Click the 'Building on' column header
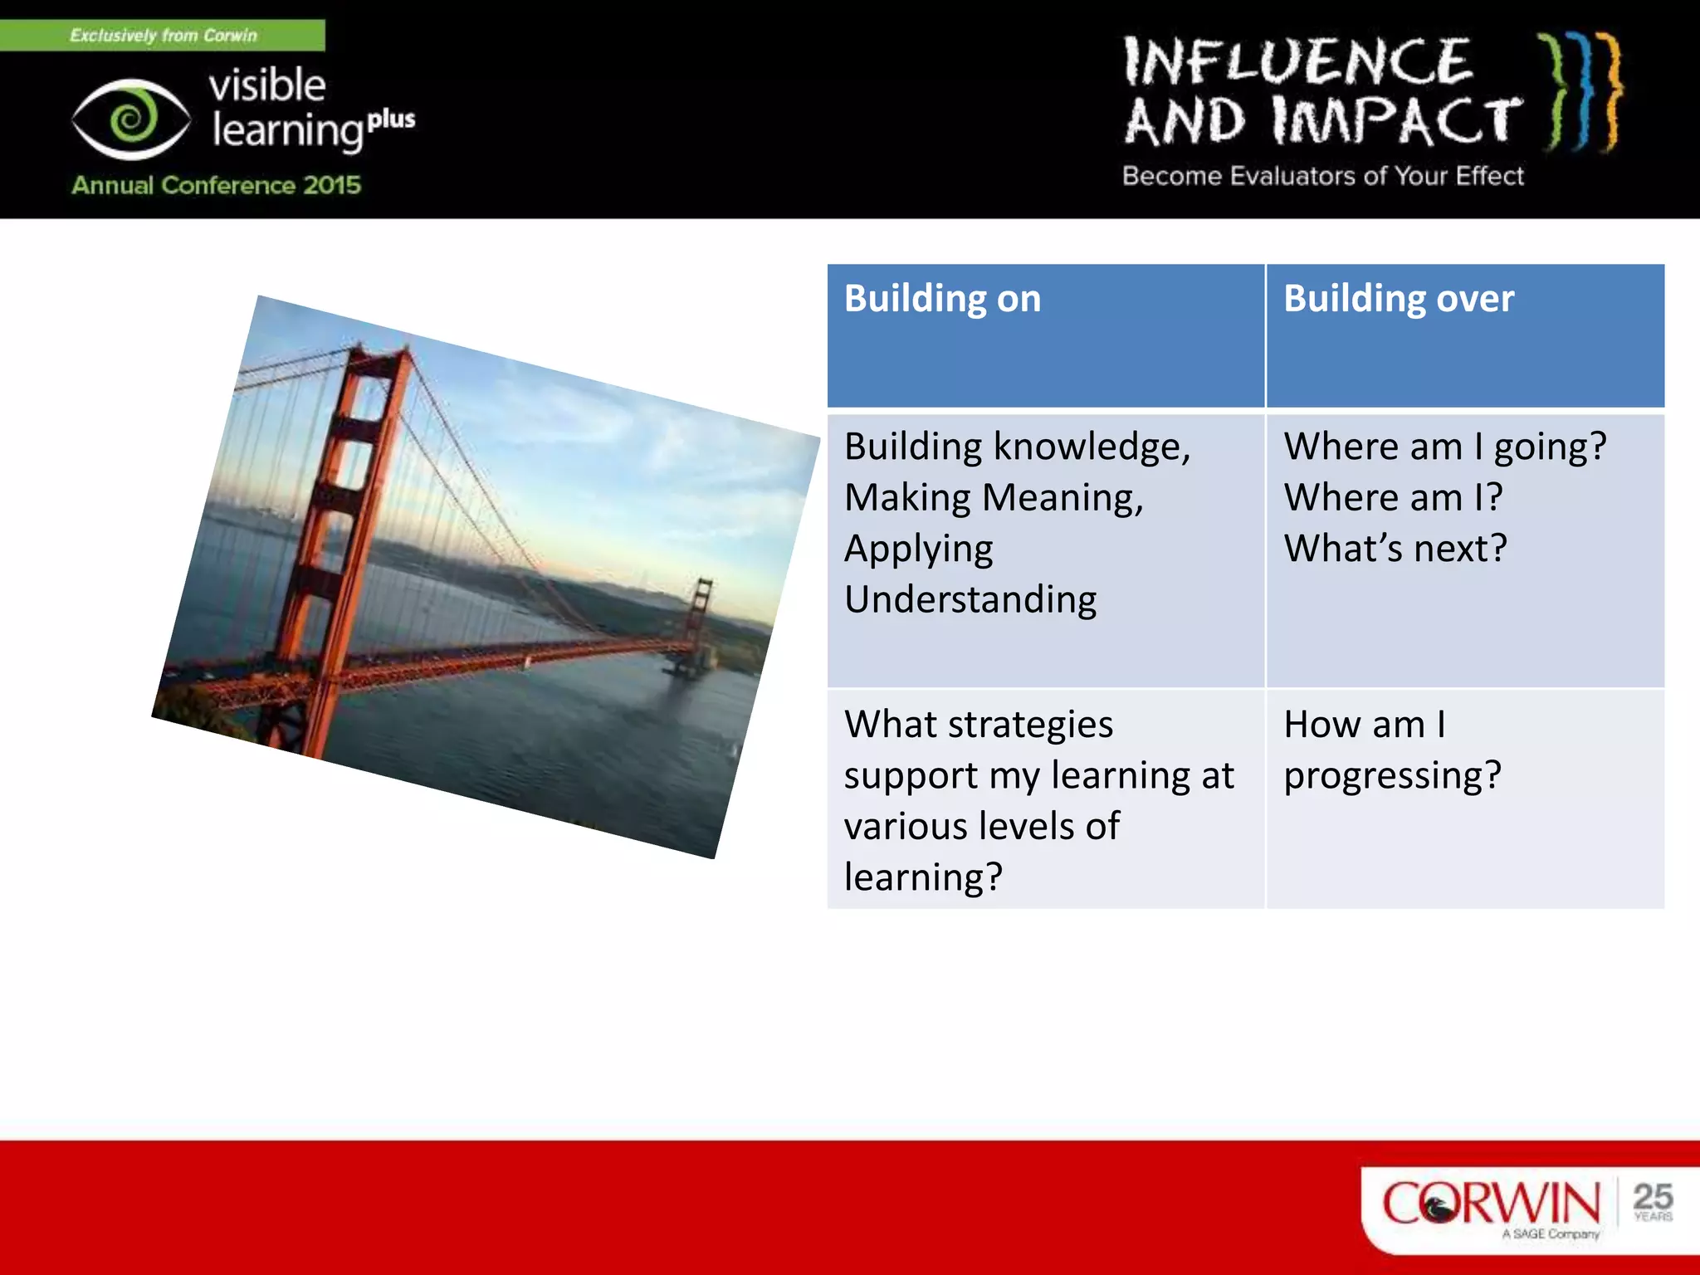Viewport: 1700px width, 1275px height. (942, 299)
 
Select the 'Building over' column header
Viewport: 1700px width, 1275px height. (1399, 299)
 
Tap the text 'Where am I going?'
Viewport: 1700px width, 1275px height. (1444, 447)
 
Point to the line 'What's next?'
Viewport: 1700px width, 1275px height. (1395, 549)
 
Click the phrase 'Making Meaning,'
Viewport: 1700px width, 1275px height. (994, 498)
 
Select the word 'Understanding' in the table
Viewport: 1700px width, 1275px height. (970, 599)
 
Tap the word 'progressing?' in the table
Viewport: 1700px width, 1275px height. (1392, 775)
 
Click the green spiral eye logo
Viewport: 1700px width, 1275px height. (131, 119)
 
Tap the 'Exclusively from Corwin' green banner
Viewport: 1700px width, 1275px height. (163, 35)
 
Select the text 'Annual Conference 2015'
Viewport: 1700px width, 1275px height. (216, 184)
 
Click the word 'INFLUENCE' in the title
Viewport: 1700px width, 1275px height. (1297, 61)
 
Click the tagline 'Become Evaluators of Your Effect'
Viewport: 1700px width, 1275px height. (1322, 176)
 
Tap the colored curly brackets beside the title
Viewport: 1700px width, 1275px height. (1581, 91)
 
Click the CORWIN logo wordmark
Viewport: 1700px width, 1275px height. (1490, 1203)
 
